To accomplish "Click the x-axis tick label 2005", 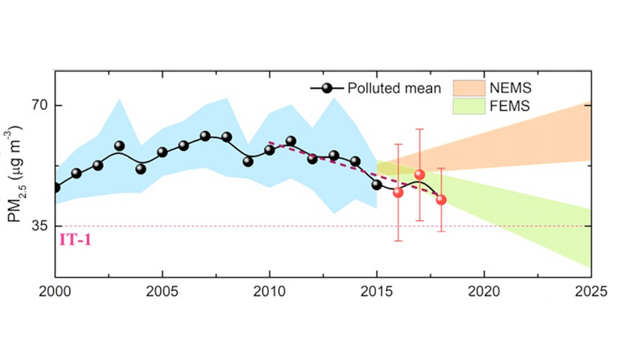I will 162,292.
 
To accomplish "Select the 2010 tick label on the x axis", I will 270,292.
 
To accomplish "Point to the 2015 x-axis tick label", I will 377,292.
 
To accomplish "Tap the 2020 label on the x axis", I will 484,292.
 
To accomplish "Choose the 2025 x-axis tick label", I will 591,292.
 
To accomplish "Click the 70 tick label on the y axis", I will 39,106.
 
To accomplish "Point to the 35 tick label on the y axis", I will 39,227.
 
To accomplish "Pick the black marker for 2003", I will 119,146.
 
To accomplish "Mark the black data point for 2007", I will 205,136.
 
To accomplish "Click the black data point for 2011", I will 291,142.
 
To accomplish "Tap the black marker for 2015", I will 377,185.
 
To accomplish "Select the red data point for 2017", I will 419,175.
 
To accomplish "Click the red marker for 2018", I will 441,200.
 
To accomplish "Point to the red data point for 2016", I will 398,192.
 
